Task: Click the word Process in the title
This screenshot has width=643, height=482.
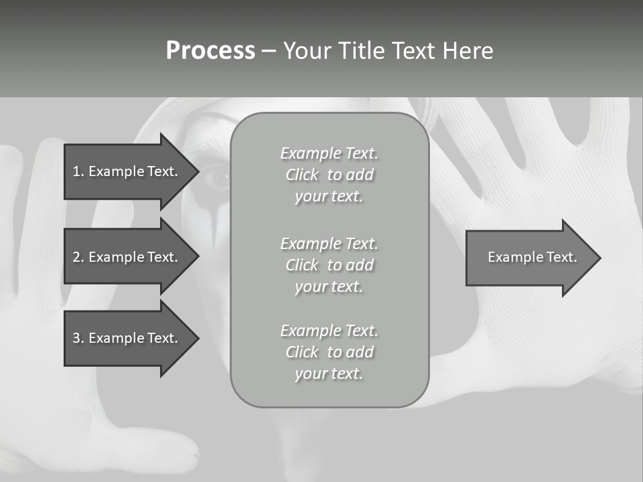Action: coord(210,51)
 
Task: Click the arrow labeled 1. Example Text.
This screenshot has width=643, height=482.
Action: coord(127,171)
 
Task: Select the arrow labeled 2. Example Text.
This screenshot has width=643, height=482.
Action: coord(127,257)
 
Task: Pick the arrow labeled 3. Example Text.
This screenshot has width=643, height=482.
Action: coord(127,338)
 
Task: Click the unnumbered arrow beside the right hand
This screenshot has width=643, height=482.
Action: coord(529,257)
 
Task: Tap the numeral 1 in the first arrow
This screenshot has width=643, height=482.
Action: coord(76,171)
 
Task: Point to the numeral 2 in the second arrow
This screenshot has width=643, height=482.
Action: coord(76,257)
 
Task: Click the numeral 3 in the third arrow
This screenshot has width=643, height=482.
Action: coord(76,338)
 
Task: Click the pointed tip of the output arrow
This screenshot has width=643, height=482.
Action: coord(597,258)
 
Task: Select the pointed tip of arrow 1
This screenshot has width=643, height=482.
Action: coord(196,171)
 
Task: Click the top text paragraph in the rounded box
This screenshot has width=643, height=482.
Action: coord(329,175)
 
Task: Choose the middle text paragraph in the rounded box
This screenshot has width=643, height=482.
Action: coord(329,265)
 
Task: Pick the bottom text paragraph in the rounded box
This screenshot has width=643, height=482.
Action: coord(329,352)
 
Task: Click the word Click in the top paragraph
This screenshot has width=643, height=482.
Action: coord(302,175)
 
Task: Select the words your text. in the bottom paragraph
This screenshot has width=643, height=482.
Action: coord(328,374)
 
